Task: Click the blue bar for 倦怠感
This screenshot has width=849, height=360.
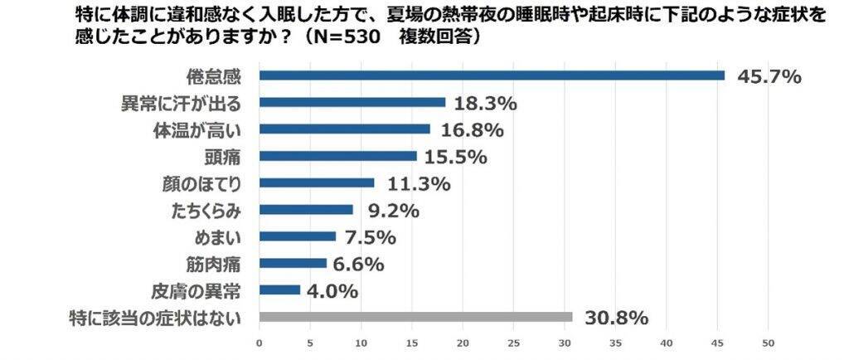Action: click(x=492, y=75)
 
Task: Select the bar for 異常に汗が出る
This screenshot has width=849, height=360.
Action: click(x=352, y=102)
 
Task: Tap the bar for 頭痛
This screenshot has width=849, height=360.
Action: click(x=338, y=156)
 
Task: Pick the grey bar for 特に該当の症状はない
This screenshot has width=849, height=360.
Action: click(x=415, y=317)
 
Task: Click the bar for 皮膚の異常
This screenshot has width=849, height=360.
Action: click(x=279, y=290)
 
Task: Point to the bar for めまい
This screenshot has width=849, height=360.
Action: click(x=298, y=236)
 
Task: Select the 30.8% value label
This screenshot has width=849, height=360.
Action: click(x=615, y=318)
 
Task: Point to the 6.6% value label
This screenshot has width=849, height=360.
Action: click(x=357, y=264)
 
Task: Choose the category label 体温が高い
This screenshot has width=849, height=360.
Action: click(x=201, y=129)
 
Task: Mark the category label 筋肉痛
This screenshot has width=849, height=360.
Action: click(x=216, y=264)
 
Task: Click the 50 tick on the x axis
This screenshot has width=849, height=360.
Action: click(x=769, y=343)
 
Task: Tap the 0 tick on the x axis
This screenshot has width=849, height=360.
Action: click(x=260, y=343)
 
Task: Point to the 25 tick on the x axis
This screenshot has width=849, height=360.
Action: click(x=514, y=343)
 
